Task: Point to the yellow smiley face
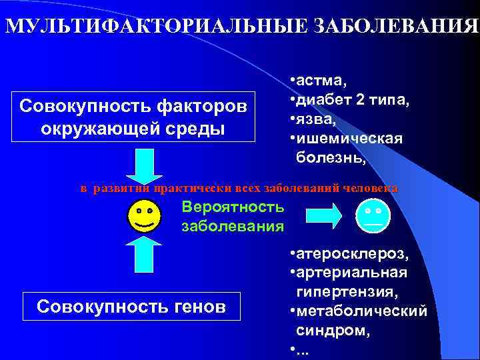coord(144,217)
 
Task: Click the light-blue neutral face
coord(373,215)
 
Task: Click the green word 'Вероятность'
coord(232,207)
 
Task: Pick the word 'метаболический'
coord(361,311)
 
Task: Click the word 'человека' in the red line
coord(374,188)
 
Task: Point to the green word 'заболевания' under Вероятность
coord(232,226)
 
